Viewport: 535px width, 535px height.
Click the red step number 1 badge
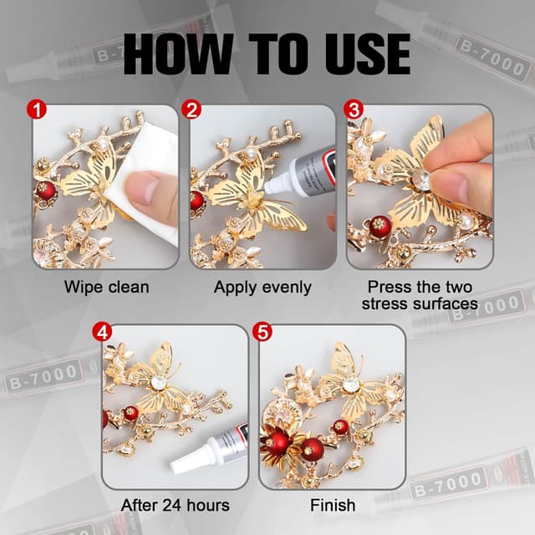[36, 108]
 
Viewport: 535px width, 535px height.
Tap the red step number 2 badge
[192, 108]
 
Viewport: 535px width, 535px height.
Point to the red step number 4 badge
[104, 331]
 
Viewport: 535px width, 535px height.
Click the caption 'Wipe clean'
[106, 288]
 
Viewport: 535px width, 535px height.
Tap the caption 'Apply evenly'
[262, 288]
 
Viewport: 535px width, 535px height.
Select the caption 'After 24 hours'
[175, 506]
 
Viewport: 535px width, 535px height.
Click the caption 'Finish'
[332, 506]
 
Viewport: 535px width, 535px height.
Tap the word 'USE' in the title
[361, 53]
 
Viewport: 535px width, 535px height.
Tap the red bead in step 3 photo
[380, 226]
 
